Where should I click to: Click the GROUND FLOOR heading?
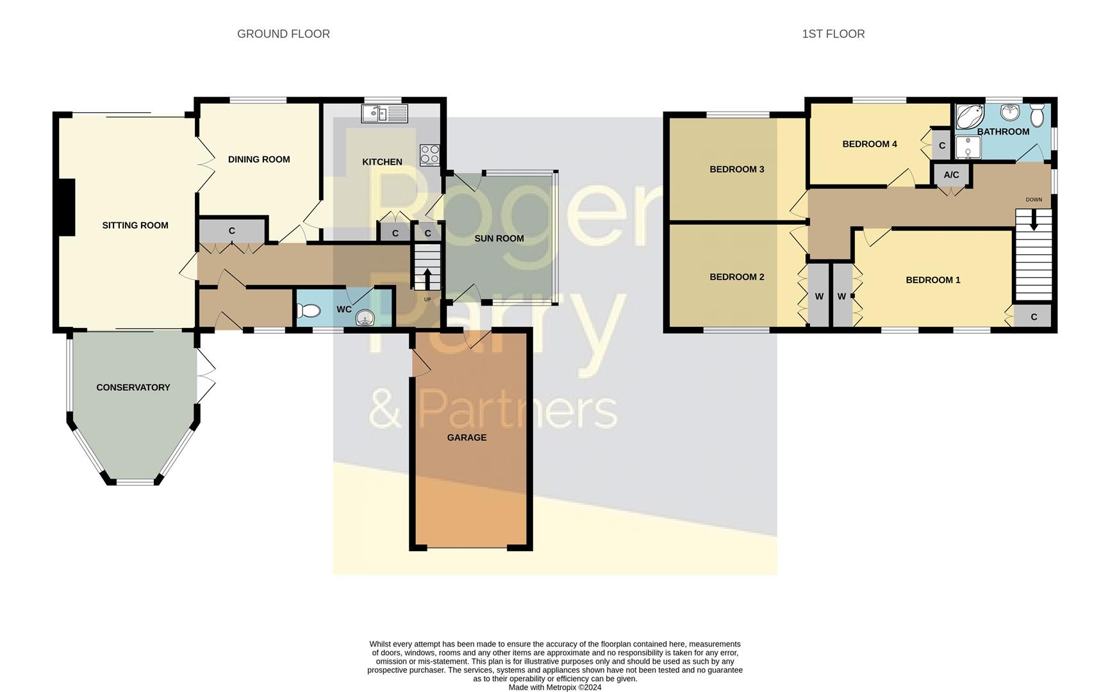point(283,34)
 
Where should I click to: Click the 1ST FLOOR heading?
point(833,34)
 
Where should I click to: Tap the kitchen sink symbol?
point(384,114)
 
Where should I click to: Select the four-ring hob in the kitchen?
point(430,154)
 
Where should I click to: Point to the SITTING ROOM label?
point(135,226)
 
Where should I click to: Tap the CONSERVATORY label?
point(133,388)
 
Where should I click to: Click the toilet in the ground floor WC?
point(309,311)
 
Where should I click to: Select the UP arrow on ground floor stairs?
point(427,279)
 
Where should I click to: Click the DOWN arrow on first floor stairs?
point(1033,221)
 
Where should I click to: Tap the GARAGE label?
point(467,438)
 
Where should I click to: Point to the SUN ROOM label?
point(499,238)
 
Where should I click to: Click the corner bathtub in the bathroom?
point(970,117)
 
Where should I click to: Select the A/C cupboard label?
point(951,175)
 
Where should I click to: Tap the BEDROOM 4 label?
point(869,144)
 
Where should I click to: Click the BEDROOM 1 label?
point(932,280)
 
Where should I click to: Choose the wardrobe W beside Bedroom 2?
point(819,297)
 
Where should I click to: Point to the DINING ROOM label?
point(259,160)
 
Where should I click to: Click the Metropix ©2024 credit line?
point(555,688)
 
